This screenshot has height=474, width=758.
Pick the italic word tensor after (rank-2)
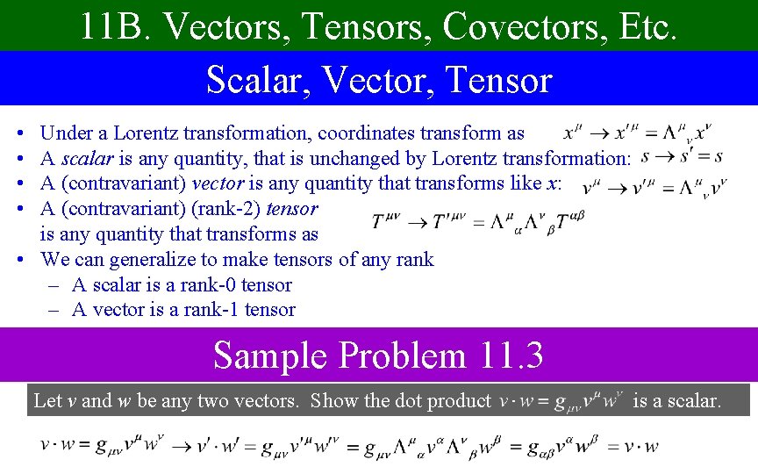pos(291,209)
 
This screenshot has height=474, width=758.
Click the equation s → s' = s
pos(682,157)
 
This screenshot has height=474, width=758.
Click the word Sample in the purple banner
pos(270,356)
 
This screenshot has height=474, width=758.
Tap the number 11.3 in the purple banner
pos(512,356)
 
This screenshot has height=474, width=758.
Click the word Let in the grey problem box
pos(47,401)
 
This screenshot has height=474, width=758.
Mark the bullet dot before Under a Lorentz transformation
pos(20,134)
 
